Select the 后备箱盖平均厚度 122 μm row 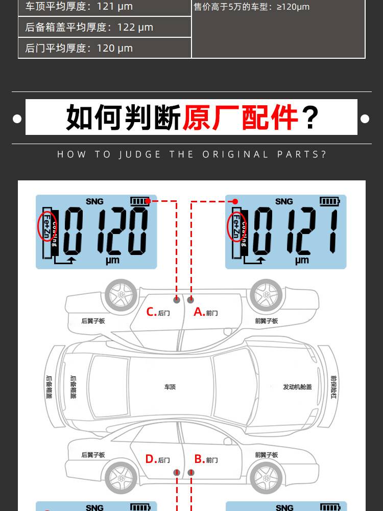(x=105, y=27)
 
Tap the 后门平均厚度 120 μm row (x=105, y=48)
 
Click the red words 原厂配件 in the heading (x=240, y=117)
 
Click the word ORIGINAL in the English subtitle (x=235, y=154)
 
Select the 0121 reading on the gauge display (x=295, y=231)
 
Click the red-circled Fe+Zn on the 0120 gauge (x=46, y=226)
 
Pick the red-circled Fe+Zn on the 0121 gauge (x=236, y=226)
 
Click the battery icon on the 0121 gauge (x=329, y=201)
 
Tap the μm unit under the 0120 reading (x=112, y=261)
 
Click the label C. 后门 (x=158, y=312)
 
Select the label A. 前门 (x=206, y=312)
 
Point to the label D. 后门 (x=158, y=459)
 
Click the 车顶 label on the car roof (x=170, y=387)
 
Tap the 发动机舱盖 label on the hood (x=297, y=387)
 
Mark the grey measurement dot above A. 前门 (x=191, y=299)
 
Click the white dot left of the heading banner (x=17, y=119)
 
